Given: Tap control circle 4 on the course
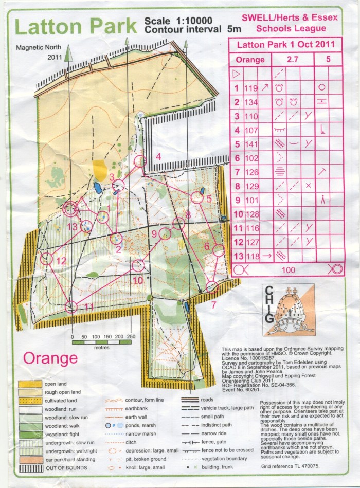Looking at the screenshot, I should (139, 162).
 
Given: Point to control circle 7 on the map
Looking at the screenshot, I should (211, 286).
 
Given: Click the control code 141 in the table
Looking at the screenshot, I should (251, 144).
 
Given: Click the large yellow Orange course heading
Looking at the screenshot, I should (51, 357).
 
